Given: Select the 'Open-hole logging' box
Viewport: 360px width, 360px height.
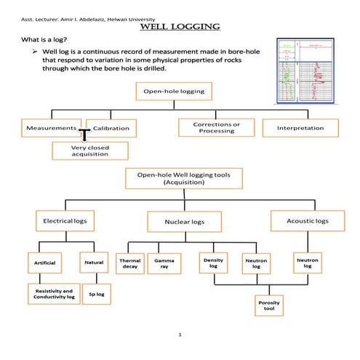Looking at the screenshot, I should (x=174, y=92).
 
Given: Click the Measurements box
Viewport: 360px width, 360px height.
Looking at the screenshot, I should (x=51, y=128).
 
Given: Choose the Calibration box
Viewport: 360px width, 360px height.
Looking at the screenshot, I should (x=111, y=128).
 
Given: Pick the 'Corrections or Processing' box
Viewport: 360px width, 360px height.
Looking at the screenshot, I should (x=216, y=127).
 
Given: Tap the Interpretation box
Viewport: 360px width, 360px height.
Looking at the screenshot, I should (x=300, y=128).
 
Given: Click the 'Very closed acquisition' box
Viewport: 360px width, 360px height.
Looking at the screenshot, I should (x=90, y=150).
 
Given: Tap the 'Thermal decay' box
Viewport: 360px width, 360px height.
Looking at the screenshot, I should (x=130, y=263).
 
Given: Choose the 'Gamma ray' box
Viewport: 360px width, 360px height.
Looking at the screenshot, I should (x=164, y=263).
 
